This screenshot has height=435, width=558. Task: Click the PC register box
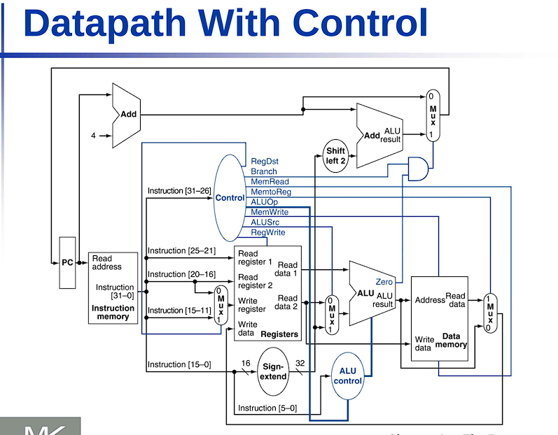(x=67, y=263)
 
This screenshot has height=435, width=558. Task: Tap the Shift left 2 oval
(x=336, y=156)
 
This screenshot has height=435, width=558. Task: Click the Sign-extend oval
(x=274, y=371)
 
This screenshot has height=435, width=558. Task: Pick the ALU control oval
(x=348, y=376)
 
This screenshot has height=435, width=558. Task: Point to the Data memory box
(x=438, y=318)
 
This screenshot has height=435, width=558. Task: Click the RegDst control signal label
(x=264, y=162)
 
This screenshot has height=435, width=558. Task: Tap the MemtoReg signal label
(x=270, y=192)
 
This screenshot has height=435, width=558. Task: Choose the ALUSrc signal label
(x=265, y=222)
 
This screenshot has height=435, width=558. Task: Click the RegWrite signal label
(x=267, y=232)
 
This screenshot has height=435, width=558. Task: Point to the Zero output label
(x=384, y=282)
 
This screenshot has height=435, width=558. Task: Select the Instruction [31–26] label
(x=179, y=191)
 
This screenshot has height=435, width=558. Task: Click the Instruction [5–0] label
(x=267, y=408)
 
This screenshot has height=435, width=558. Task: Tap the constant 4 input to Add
(x=93, y=136)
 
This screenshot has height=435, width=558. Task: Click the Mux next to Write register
(x=221, y=305)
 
